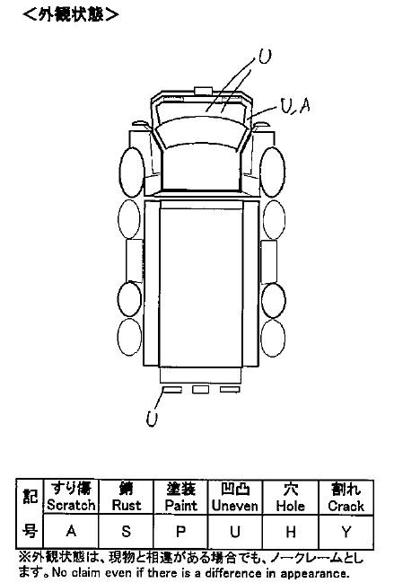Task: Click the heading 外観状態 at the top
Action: point(71,14)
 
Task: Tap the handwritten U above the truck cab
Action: point(265,57)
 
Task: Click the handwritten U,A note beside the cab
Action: point(295,106)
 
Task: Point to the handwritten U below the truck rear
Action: point(152,419)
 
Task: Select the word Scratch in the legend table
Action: point(71,505)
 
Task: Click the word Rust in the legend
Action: point(127,505)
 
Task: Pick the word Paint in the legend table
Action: point(181,505)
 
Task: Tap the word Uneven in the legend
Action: point(234,506)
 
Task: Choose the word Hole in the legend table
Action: point(291,506)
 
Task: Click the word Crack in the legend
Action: point(346,506)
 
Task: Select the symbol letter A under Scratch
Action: point(71,531)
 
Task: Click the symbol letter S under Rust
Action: point(127,531)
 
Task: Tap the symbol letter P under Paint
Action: point(181,531)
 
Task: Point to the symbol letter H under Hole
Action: point(291,532)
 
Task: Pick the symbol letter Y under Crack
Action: point(346,532)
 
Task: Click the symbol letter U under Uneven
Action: point(234,532)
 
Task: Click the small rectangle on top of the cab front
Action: point(203,91)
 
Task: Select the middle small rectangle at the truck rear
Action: point(200,389)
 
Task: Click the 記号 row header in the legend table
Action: point(30,514)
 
